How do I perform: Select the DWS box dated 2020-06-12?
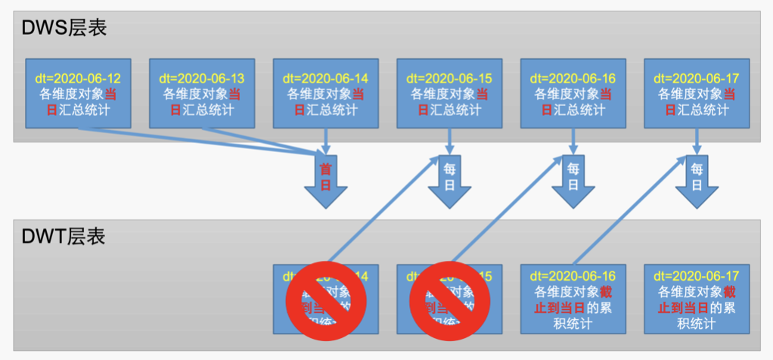coord(78,93)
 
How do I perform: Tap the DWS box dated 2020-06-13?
coord(202,93)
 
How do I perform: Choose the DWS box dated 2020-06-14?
coord(325,93)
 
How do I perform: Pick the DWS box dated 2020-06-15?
coord(449,93)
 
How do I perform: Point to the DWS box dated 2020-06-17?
coord(697,93)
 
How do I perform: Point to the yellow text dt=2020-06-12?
coord(78,79)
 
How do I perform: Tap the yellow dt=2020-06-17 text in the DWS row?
coord(697,79)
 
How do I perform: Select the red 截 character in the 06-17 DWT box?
coord(729,292)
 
